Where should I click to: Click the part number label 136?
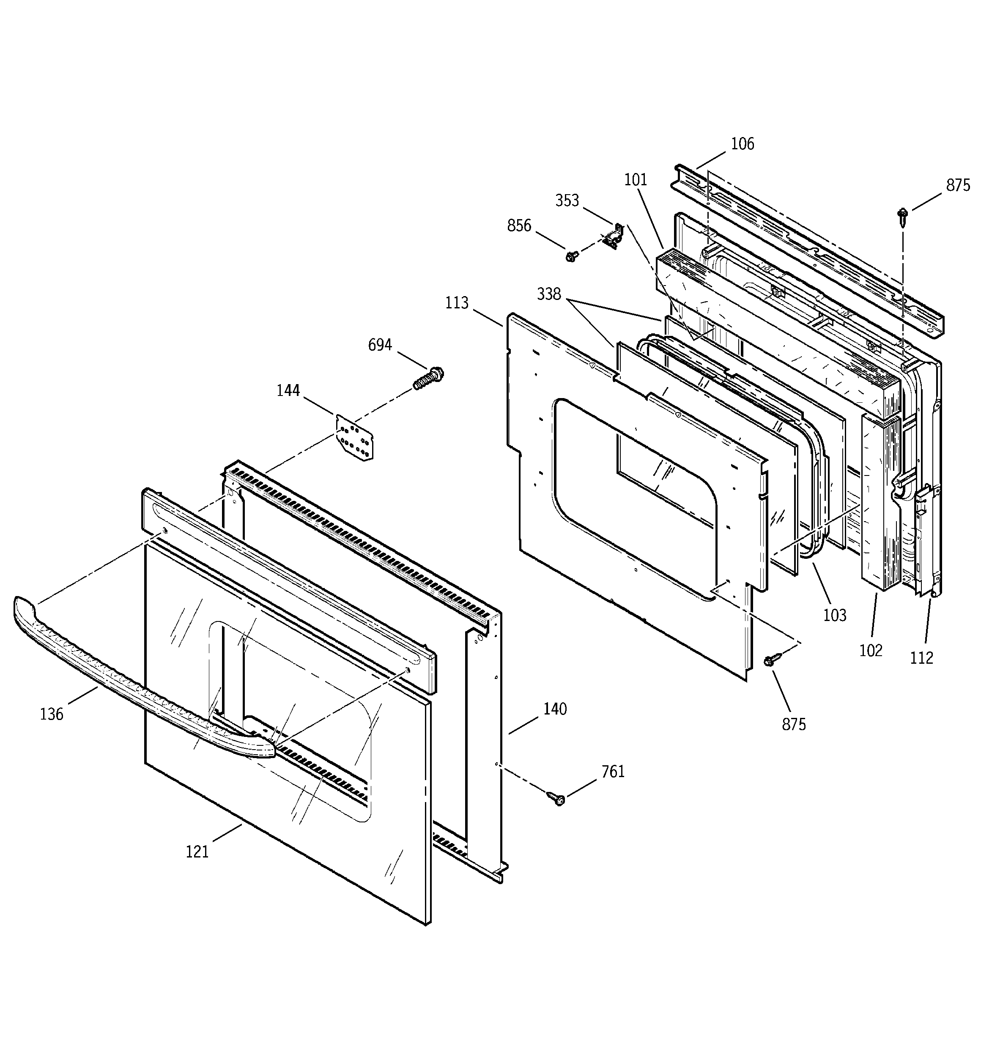coord(52,714)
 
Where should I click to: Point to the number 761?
coord(613,772)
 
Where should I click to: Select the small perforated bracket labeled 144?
coord(355,437)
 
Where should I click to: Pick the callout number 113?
coord(457,303)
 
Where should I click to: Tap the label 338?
coord(549,294)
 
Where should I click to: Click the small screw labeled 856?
coord(571,256)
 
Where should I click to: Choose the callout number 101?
coord(635,180)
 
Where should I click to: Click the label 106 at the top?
coord(743,144)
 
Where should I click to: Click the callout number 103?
coord(835,615)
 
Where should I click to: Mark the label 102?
coord(870,651)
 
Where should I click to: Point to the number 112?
coord(921,658)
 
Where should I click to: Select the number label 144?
coord(288,391)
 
